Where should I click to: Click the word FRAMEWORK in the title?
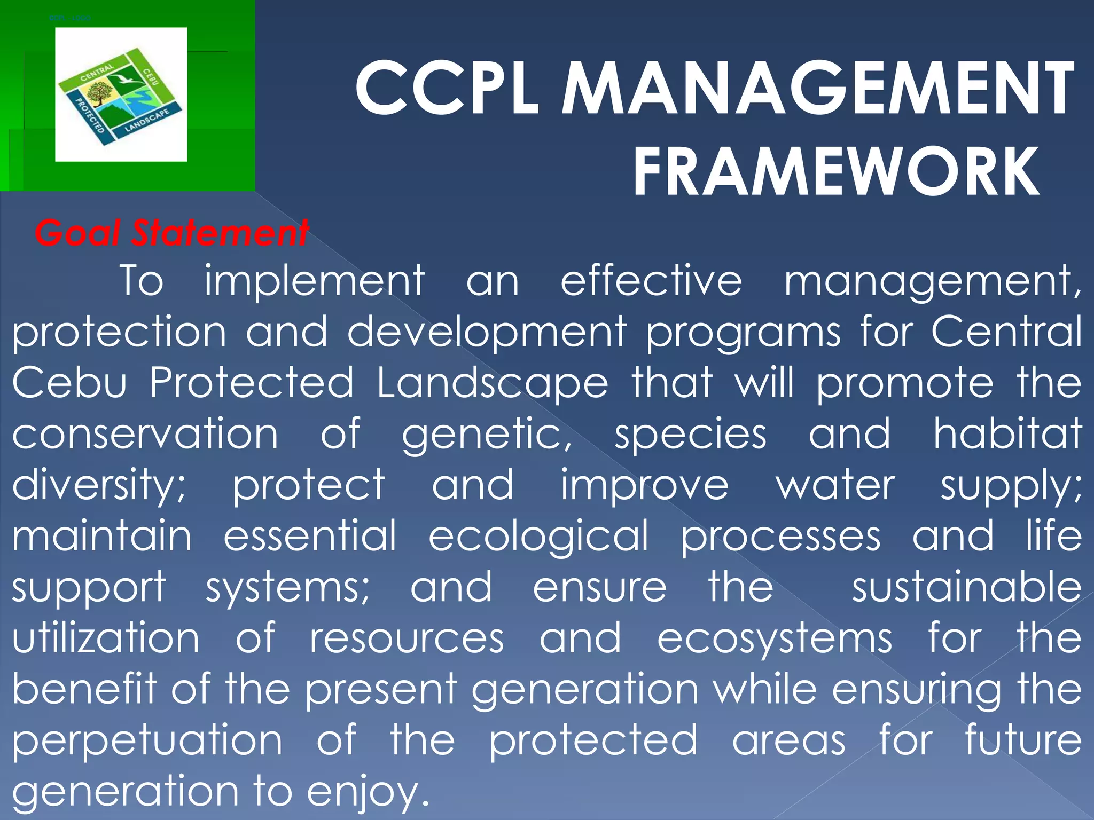[x=836, y=172]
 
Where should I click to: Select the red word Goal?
[x=77, y=233]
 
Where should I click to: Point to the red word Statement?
[x=220, y=233]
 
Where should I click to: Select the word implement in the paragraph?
[x=315, y=280]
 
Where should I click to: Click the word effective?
[x=651, y=280]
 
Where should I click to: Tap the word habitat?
[x=1007, y=433]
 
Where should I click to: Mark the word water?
[x=835, y=485]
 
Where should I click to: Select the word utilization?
[x=106, y=638]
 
